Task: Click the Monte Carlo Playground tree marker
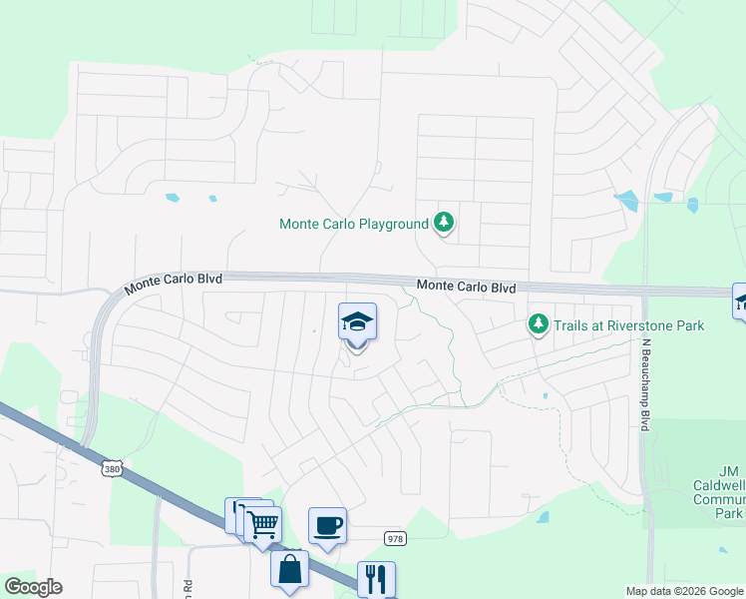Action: click(x=444, y=224)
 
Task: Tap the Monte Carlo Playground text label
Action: click(x=354, y=224)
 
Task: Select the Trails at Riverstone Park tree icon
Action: click(x=539, y=323)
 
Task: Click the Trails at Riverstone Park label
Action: click(x=628, y=325)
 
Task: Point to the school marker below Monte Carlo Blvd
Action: click(x=357, y=322)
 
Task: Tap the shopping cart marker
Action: click(x=263, y=522)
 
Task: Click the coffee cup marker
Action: click(x=327, y=524)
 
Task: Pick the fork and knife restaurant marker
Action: click(x=376, y=578)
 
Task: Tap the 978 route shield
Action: click(x=395, y=538)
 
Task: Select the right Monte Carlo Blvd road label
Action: click(x=466, y=287)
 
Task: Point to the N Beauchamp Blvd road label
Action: click(x=646, y=384)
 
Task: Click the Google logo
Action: click(x=33, y=587)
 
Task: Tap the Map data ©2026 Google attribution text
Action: click(x=683, y=591)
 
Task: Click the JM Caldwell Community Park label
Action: click(x=729, y=491)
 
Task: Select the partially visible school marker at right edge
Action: click(x=740, y=300)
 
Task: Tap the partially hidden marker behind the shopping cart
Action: click(x=235, y=511)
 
